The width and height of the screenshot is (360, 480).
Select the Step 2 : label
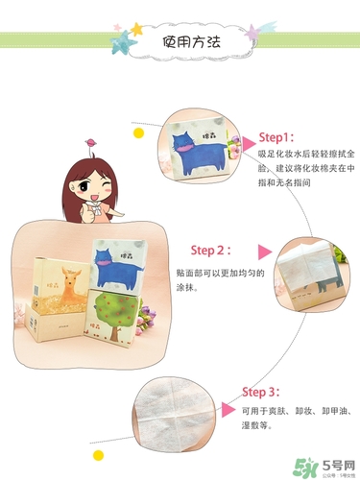(x=210, y=251)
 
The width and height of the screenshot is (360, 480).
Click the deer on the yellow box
(x=63, y=287)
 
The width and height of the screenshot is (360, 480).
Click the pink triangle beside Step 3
(x=228, y=409)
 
